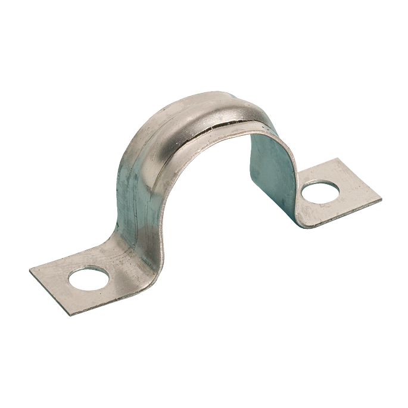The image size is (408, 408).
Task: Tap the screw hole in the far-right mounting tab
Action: click(320, 192)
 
